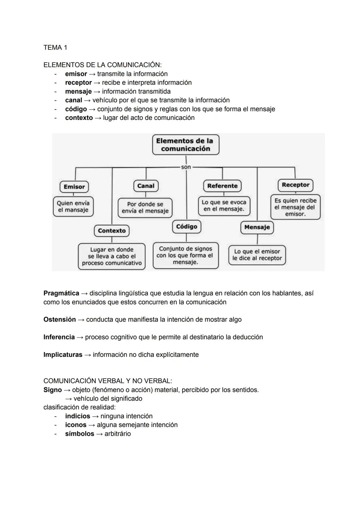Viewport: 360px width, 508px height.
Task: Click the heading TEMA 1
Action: tap(55, 48)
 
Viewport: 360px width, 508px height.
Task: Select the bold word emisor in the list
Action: tap(76, 74)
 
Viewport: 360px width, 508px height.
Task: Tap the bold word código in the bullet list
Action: tap(76, 109)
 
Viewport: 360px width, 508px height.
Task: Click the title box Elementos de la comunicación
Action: tap(186, 145)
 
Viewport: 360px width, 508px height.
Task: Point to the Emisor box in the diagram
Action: tap(74, 187)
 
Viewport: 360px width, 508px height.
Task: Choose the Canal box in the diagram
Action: tap(146, 186)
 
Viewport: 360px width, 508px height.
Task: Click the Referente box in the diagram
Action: tap(222, 186)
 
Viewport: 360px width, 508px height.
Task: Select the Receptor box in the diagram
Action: tap(295, 185)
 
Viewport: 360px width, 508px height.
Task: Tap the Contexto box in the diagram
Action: tap(112, 231)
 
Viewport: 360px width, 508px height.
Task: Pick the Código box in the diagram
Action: tap(186, 227)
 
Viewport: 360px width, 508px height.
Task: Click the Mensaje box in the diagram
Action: tap(257, 227)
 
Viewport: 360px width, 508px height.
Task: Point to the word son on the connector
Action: tap(186, 167)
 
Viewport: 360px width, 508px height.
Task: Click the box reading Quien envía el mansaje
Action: tap(73, 207)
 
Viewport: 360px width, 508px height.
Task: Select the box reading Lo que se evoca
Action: tap(224, 206)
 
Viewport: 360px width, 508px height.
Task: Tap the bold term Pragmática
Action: tap(61, 293)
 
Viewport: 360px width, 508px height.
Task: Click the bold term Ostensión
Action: tap(60, 320)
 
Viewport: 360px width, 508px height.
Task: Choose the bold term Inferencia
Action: tap(59, 337)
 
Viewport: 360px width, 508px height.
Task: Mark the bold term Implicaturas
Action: tap(63, 355)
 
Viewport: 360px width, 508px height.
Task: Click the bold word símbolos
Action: tap(80, 434)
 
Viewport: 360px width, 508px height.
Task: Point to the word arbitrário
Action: tap(118, 434)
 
